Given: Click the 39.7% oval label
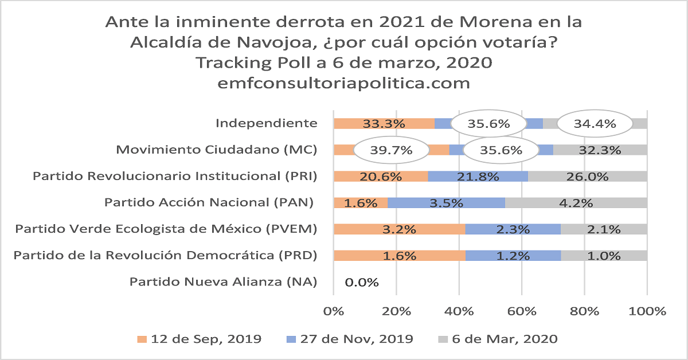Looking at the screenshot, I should (x=392, y=151).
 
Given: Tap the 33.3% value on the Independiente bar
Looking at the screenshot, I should (x=384, y=123).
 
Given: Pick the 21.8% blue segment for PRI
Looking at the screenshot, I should (x=478, y=177).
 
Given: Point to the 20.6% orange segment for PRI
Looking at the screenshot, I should (x=381, y=177).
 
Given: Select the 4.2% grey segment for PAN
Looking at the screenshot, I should (x=576, y=202).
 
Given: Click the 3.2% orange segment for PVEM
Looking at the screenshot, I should (x=399, y=229).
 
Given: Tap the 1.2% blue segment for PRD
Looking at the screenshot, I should (x=513, y=256).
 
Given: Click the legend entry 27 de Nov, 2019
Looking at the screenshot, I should (x=349, y=339).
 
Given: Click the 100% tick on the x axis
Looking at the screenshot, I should (x=646, y=311).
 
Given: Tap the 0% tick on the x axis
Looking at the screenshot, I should (x=334, y=311).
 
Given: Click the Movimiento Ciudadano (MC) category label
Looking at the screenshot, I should (x=217, y=150).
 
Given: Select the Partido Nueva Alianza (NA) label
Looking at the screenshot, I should (x=223, y=282).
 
